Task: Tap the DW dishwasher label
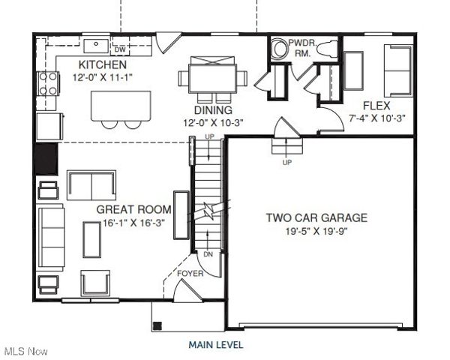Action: click(119, 50)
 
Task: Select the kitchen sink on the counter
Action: click(94, 43)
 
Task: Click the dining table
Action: click(213, 77)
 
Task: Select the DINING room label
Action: click(191, 109)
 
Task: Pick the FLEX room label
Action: click(375, 106)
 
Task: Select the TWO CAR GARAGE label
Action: click(316, 218)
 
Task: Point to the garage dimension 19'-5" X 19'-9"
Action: click(316, 231)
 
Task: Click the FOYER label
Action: click(190, 274)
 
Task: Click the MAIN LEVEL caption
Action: click(215, 345)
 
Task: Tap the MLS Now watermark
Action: click(26, 351)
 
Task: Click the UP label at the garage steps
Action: click(286, 162)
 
